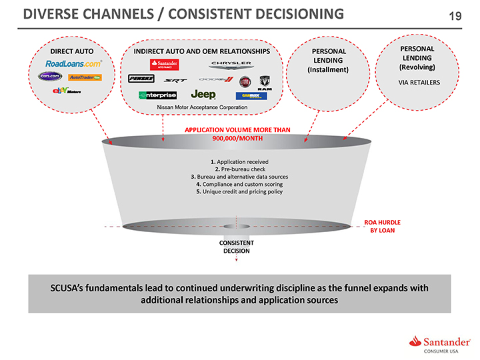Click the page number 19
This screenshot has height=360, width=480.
[455, 15]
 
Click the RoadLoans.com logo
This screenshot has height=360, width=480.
[73, 63]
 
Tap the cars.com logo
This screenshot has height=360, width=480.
[51, 77]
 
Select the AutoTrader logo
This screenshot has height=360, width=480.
[85, 77]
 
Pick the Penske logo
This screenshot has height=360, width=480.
[141, 79]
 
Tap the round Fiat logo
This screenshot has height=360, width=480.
[245, 81]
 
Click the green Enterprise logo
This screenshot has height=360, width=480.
[157, 95]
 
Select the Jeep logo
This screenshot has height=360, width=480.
[203, 95]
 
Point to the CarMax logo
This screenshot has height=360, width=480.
[251, 95]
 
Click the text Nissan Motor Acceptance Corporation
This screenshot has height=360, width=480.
[201, 107]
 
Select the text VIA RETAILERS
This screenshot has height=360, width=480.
[419, 83]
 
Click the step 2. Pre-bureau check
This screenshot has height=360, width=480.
[239, 169]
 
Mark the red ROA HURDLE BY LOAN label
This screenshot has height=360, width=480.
[382, 226]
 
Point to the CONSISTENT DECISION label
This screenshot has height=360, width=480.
[236, 247]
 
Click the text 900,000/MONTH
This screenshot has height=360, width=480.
[237, 139]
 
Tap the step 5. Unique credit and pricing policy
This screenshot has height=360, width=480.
[239, 191]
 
